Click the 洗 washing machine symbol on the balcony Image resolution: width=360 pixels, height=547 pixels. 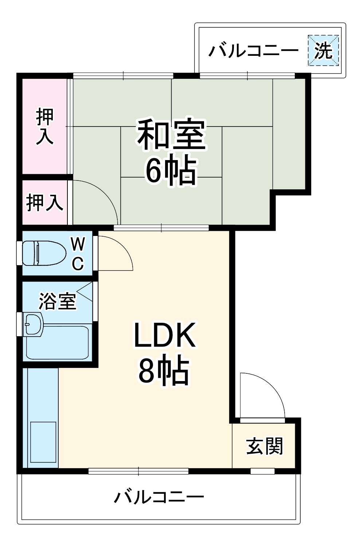tap(323, 50)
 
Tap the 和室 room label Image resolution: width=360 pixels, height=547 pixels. tap(171, 134)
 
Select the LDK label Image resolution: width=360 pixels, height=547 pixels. tap(165, 335)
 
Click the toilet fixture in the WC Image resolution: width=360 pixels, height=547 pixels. tap(44, 253)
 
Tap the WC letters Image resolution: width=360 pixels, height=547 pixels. tap(78, 253)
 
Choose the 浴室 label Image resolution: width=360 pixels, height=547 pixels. tap(58, 301)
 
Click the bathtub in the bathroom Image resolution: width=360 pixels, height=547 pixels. tap(58, 343)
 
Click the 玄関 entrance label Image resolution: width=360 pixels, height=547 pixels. tap(265, 446)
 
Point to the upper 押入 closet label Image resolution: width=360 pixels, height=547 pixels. tap(45, 126)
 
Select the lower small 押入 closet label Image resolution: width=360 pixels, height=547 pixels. tap(45, 202)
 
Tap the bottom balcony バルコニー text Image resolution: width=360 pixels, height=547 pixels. tap(159, 497)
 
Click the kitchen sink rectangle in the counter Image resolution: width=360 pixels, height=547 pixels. tap(43, 442)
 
